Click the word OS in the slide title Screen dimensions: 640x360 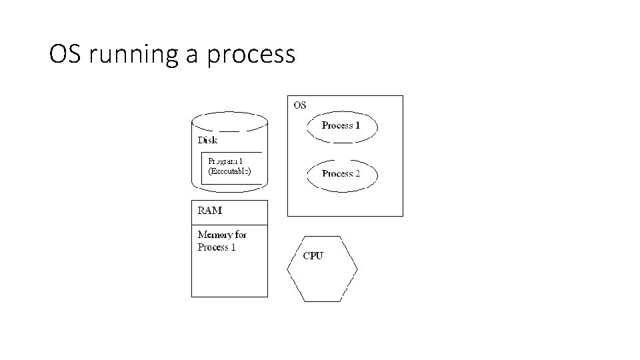point(65,54)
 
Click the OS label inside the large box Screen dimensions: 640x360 point(300,105)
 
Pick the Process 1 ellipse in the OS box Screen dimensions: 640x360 point(342,126)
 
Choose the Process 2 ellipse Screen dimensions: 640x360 point(342,174)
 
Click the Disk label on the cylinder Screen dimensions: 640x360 point(207,140)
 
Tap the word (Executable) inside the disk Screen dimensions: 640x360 point(229,171)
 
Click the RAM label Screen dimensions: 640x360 point(210,211)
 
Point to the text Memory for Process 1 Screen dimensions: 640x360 point(222,241)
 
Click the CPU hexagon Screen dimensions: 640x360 point(323,269)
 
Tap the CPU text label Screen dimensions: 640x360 point(313,256)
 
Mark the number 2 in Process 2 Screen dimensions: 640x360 point(357,174)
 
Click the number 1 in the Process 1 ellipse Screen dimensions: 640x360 point(357,125)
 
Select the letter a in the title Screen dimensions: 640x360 point(192,55)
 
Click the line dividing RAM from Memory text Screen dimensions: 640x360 point(229,224)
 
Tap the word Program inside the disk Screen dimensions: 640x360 point(223,161)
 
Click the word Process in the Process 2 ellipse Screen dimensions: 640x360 point(337,174)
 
